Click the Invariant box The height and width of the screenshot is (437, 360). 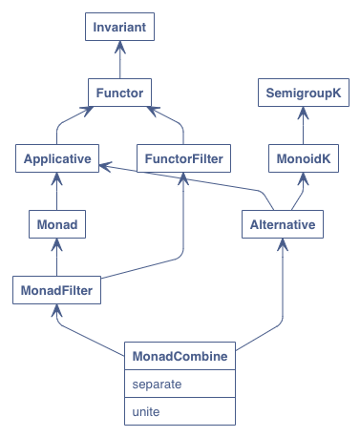119,28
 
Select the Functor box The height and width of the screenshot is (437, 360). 119,94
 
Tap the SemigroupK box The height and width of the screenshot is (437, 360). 304,94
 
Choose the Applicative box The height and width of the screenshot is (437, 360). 57,158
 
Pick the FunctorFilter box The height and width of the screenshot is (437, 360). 181,158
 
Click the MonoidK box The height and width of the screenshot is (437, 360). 304,158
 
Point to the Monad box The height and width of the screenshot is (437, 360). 57,224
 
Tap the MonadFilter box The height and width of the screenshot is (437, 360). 57,289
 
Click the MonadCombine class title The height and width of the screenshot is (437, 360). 180,356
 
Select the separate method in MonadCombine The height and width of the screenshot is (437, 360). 180,385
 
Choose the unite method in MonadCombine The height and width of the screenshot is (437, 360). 180,412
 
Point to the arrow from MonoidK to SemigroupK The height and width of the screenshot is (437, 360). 304,126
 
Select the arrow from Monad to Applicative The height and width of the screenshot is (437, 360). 57,191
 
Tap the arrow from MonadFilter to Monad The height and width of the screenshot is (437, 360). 57,257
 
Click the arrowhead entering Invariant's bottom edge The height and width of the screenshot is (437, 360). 119,46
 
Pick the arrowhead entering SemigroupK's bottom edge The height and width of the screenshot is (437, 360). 304,112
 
